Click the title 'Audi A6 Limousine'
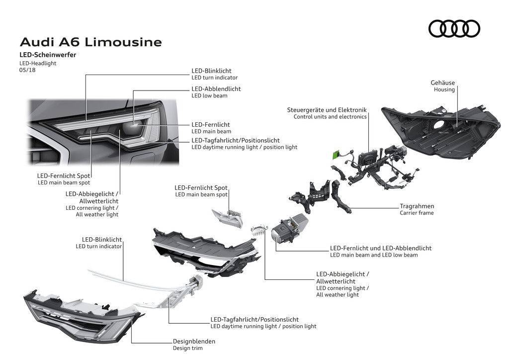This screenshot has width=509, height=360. coord(90,42)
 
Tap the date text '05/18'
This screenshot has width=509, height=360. coord(27,70)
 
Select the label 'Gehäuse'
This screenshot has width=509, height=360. coord(442,83)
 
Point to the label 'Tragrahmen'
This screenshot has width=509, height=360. coord(417,206)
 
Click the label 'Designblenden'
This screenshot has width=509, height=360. coord(194,341)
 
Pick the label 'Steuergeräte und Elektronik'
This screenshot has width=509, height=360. coord(326,110)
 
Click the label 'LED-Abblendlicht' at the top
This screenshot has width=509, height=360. coord(216,89)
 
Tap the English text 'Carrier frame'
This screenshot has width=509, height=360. coord(417,213)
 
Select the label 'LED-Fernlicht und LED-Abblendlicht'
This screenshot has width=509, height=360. coord(380,248)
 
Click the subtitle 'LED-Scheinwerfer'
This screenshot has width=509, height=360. coord(48,55)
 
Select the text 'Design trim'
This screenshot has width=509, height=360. coord(187,348)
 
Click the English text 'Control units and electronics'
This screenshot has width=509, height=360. coord(330,117)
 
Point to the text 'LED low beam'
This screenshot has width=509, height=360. coord(209,95)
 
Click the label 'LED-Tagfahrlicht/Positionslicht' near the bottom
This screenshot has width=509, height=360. coord(254,319)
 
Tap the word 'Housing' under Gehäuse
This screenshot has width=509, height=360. coord(444,90)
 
